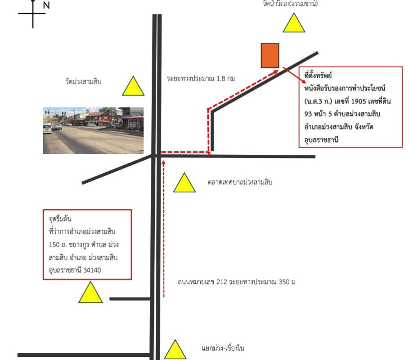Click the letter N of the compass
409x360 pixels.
point(46,5)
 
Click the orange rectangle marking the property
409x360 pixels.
point(270,55)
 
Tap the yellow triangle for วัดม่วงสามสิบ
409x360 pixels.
point(133,86)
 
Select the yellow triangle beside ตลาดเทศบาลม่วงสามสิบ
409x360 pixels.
point(184,183)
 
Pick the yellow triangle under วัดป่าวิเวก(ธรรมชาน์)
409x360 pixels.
point(294,23)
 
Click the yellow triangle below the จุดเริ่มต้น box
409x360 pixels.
point(90,292)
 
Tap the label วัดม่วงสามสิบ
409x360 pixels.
point(83,81)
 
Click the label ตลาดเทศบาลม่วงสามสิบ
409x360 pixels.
point(240,182)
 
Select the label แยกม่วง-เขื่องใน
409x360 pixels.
point(223,348)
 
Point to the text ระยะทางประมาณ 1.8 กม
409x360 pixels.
point(201,78)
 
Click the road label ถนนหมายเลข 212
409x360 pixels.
point(202,282)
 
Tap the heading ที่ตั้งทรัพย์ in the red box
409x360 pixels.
point(318,76)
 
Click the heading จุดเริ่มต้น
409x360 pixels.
point(60,219)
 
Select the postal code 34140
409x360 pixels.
point(92,270)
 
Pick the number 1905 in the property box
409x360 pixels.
point(359,101)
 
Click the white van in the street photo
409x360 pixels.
point(48,128)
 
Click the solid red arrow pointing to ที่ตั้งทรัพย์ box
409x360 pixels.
point(295,75)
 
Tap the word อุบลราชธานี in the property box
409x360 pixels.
point(321,140)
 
